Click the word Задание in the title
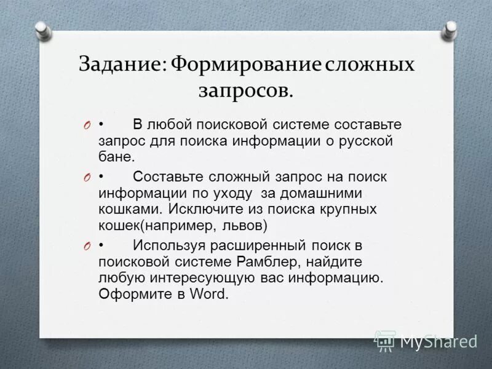(119, 65)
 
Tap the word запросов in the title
(244, 90)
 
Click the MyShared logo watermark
(426, 340)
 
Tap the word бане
(116, 157)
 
